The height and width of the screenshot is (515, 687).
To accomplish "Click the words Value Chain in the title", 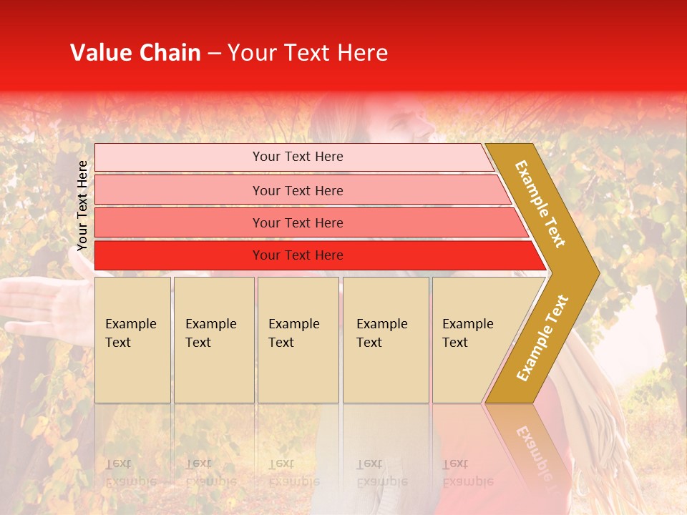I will [x=135, y=53].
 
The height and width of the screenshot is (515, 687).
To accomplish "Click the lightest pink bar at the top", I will [x=179, y=157].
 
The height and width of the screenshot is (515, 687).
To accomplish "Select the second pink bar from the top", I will [x=179, y=190].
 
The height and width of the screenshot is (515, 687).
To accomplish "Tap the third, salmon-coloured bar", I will [x=179, y=222].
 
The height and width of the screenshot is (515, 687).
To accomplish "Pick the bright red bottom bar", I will [x=179, y=255].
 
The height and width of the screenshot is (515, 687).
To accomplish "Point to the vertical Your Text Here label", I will [x=82, y=206].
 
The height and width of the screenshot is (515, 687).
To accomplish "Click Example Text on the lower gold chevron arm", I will [x=542, y=338].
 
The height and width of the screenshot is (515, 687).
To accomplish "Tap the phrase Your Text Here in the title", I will [x=308, y=53].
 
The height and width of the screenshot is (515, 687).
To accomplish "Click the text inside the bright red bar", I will [x=298, y=255].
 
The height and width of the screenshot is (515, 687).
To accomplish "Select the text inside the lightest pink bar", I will [x=298, y=157].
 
